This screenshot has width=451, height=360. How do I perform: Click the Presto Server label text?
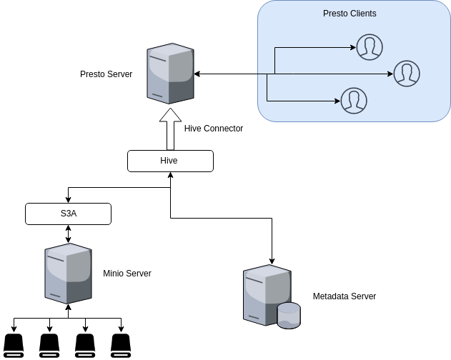pos(106,74)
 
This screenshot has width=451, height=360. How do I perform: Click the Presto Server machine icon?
pos(170,74)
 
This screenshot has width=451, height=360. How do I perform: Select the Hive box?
pos(170,161)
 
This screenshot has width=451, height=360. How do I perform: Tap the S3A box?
pos(68,214)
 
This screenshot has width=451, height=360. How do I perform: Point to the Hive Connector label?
pos(214,129)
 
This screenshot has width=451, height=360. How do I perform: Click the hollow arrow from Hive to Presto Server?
pos(170,129)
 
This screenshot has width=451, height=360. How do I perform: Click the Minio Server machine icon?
pos(68,274)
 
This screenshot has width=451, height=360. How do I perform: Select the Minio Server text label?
pos(127,274)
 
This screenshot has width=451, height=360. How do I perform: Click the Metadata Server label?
pos(345,296)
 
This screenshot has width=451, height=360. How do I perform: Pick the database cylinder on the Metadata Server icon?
pos(289,315)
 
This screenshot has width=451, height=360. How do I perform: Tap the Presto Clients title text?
pos(350,14)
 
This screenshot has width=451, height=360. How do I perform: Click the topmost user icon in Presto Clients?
pos(369,47)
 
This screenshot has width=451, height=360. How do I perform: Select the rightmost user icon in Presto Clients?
pos(407,74)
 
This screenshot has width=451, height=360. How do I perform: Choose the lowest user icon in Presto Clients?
pos(354,101)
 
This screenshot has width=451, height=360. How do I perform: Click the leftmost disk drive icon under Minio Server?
pos(14,344)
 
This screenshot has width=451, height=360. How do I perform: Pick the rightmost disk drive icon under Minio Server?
pos(121,344)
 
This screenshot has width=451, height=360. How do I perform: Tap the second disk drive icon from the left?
pos(49,344)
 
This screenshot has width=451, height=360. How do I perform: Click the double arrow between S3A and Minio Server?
pos(68,234)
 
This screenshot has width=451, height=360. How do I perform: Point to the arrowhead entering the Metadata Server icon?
pos(272,259)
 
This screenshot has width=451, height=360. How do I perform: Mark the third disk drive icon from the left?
pos(85,344)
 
